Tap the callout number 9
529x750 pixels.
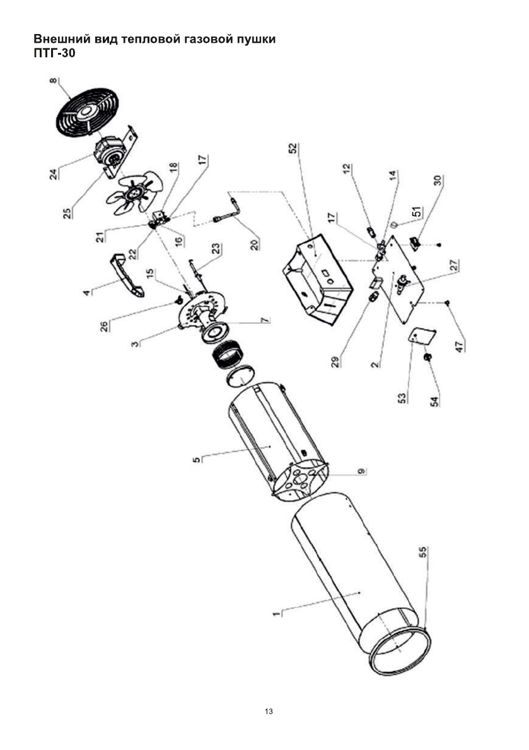360,472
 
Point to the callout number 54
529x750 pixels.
433,401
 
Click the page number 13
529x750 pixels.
269,712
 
